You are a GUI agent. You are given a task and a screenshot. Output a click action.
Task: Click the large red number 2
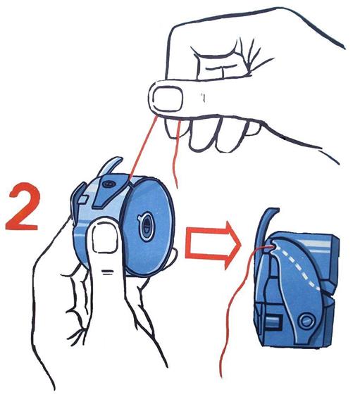[23, 207]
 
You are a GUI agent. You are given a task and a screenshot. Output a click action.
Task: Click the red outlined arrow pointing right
[213, 245]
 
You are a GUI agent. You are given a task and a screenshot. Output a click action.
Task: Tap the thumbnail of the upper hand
[168, 99]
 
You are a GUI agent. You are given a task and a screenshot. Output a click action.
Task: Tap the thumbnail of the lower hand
[104, 239]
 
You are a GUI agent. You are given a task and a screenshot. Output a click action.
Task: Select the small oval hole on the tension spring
[109, 183]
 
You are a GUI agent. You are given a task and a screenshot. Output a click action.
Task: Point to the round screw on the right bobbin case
[306, 321]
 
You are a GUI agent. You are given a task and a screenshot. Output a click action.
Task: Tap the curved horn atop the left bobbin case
[110, 166]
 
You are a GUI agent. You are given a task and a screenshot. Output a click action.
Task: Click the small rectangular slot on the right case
[273, 321]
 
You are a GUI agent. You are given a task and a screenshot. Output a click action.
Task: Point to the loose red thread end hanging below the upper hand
[176, 156]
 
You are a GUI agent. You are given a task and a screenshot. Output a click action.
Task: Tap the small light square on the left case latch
[83, 199]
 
